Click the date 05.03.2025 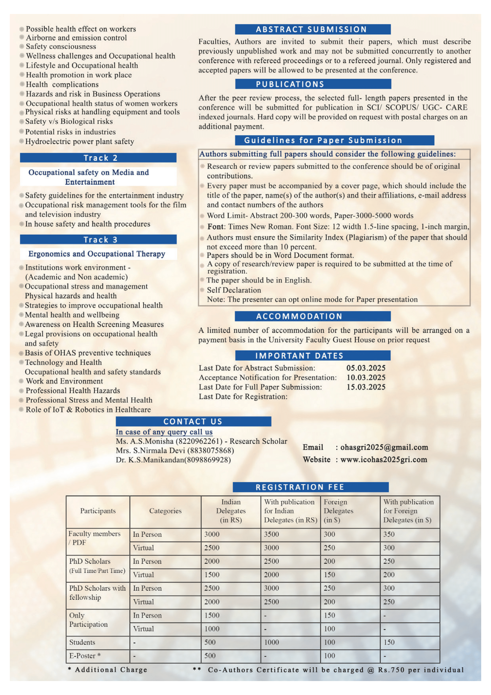[x=366, y=368]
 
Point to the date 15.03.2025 [x=366, y=387]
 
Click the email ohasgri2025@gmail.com [x=384, y=447]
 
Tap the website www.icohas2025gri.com [x=384, y=459]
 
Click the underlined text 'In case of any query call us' [x=164, y=432]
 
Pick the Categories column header [x=165, y=511]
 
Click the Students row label [x=82, y=642]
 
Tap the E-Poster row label [x=85, y=656]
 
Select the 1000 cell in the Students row [x=272, y=642]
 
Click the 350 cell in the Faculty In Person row [x=389, y=534]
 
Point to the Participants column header [x=98, y=511]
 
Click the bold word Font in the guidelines [x=215, y=226]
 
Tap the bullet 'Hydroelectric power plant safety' [x=80, y=141]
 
